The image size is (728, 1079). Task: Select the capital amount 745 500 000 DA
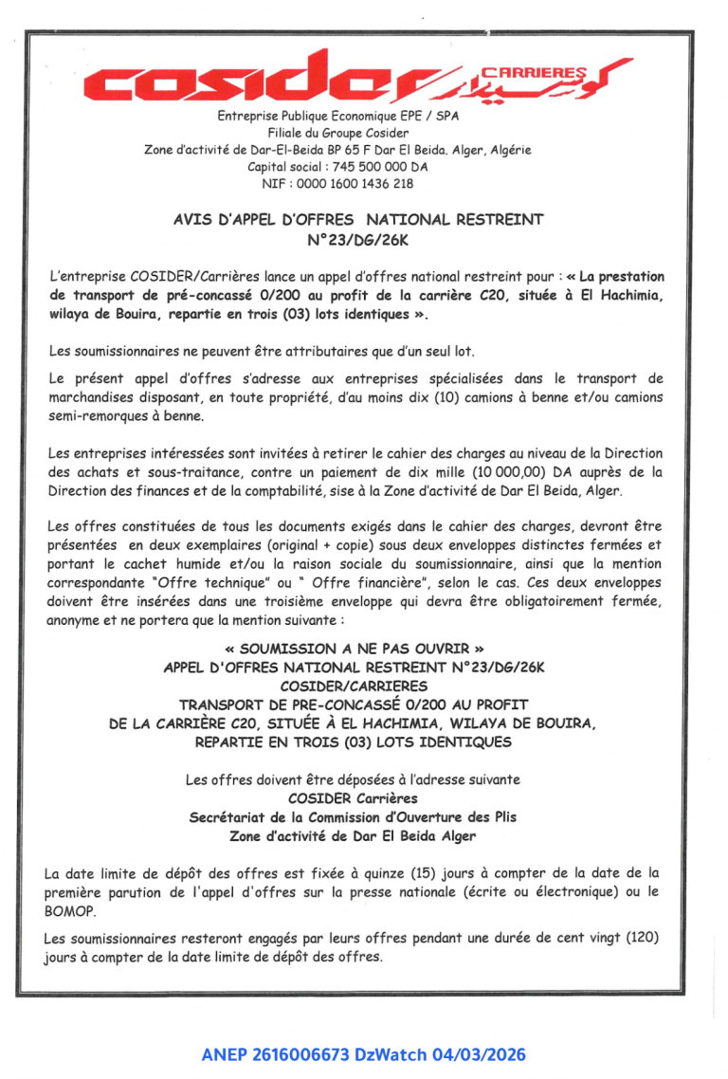[376, 167]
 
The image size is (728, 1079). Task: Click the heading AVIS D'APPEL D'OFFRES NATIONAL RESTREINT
[358, 219]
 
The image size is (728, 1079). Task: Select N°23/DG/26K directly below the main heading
[358, 241]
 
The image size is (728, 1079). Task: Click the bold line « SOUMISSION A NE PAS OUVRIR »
[355, 649]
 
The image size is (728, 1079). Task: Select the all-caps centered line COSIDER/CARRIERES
[354, 686]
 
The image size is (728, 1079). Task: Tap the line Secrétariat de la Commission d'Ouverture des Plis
[353, 816]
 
